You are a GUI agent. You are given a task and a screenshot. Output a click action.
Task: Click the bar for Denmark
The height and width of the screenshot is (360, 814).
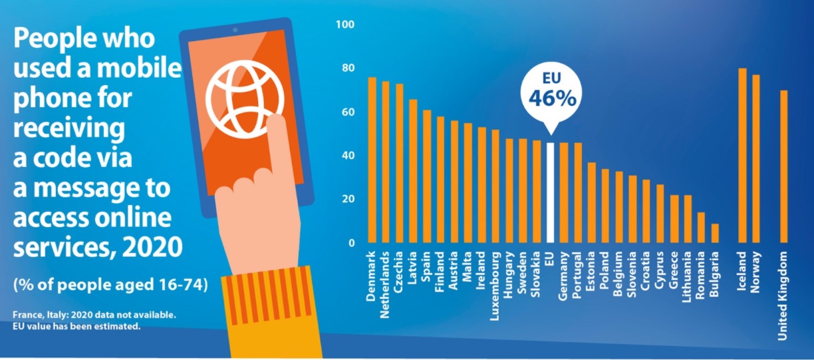(372, 160)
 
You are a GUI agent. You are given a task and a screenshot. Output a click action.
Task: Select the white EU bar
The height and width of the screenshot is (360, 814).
(550, 192)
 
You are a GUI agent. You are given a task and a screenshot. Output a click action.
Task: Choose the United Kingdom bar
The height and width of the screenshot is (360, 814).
(783, 166)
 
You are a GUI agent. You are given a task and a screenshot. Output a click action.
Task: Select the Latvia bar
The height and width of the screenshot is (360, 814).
(413, 171)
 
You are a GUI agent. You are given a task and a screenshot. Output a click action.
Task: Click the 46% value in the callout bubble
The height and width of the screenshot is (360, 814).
(551, 98)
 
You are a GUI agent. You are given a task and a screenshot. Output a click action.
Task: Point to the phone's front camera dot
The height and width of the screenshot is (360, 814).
(235, 31)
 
